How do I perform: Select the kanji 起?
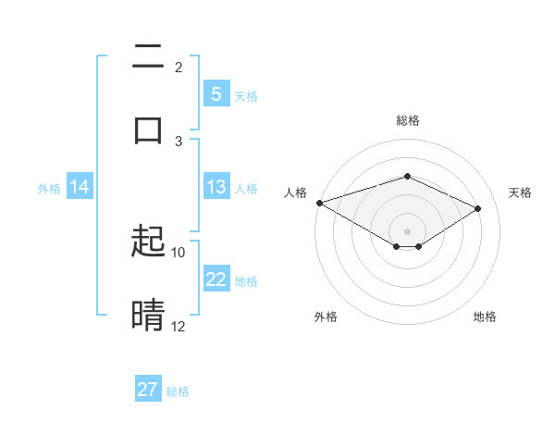(148, 242)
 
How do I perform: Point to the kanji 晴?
(148, 316)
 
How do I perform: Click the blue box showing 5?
(216, 94)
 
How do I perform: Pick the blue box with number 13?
(216, 187)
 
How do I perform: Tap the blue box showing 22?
(216, 280)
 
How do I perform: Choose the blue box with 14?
(80, 187)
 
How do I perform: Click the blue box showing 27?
(148, 390)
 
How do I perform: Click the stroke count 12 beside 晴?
(179, 326)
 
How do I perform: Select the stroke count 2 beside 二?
(179, 67)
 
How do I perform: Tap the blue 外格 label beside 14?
(49, 188)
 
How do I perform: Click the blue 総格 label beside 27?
(178, 391)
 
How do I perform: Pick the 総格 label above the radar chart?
(407, 120)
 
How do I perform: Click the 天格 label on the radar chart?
(520, 193)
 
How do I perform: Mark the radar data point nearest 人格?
(319, 203)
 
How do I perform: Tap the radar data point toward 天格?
(478, 208)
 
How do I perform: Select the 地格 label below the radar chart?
(485, 317)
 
